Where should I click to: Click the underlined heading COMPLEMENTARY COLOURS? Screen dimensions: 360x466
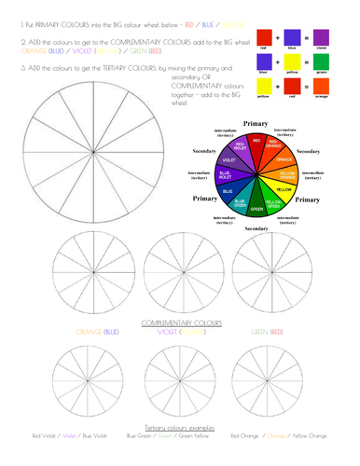[180, 322]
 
